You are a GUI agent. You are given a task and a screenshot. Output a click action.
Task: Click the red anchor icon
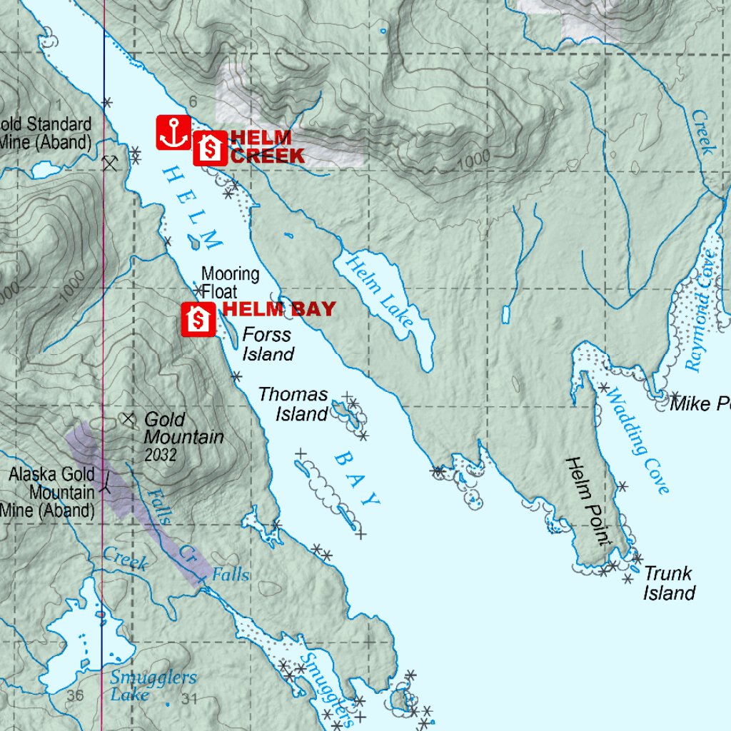tap(173, 133)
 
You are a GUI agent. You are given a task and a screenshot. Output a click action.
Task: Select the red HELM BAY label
tap(279, 309)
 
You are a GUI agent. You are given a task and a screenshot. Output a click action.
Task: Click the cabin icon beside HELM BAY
tap(198, 319)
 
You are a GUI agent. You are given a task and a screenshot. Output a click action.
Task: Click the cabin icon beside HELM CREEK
tap(210, 148)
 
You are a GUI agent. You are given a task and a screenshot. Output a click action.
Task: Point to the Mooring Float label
tap(229, 283)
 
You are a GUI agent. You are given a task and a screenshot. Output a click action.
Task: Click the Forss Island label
tap(268, 344)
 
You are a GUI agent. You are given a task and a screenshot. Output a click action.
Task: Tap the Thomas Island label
tap(293, 404)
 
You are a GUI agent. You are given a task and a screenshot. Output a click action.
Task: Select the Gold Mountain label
tap(183, 428)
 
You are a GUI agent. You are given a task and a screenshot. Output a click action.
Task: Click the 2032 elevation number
tap(160, 455)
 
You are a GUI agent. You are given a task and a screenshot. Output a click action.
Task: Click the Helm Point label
tap(590, 501)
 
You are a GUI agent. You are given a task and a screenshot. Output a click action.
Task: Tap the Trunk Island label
tap(668, 583)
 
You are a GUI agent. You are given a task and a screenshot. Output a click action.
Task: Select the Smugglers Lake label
tap(153, 686)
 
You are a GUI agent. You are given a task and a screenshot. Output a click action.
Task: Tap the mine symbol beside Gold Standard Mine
tap(109, 163)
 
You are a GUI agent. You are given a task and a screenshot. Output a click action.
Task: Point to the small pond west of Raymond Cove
tap(507, 314)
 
